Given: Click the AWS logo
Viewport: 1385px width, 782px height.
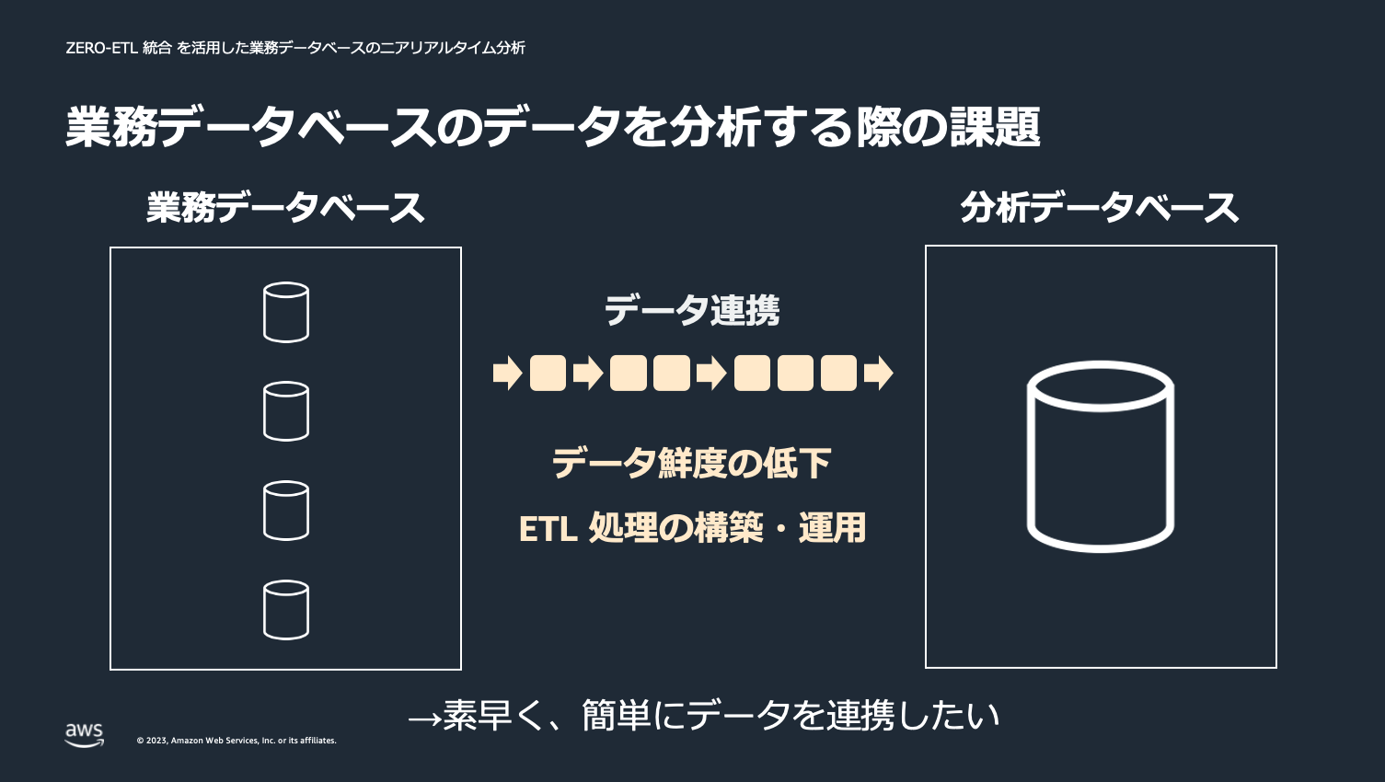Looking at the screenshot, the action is [84, 734].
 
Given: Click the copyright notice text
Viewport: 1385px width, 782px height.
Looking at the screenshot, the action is [237, 741].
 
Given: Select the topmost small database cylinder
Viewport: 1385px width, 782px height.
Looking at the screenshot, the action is [286, 312].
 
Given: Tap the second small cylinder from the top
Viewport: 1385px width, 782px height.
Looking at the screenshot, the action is [286, 411].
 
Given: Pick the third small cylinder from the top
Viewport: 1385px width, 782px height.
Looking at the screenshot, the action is [286, 511].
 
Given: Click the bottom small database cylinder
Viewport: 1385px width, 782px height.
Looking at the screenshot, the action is [286, 610].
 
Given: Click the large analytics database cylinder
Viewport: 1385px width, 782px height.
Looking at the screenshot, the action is [1100, 456].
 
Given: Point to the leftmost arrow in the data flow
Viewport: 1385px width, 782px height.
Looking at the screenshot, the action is [507, 374].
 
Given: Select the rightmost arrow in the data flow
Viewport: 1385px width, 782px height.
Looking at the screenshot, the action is [879, 374].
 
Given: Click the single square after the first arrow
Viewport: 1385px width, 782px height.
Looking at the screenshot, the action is [548, 374].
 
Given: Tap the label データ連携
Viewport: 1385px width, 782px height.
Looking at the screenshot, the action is [692, 311].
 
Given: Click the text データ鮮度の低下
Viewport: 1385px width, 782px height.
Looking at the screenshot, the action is [692, 463].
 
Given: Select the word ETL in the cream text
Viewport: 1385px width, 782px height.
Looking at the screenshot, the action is [548, 529].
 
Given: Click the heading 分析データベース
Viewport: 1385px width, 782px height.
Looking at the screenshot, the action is [1100, 208].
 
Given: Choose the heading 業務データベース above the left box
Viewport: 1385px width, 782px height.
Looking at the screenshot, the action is [285, 208].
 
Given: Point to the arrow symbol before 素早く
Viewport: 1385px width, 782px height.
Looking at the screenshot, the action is [424, 717].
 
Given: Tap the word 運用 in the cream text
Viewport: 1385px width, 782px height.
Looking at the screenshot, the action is [832, 528].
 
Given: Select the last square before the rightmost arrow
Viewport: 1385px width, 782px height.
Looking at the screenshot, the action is [838, 374].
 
